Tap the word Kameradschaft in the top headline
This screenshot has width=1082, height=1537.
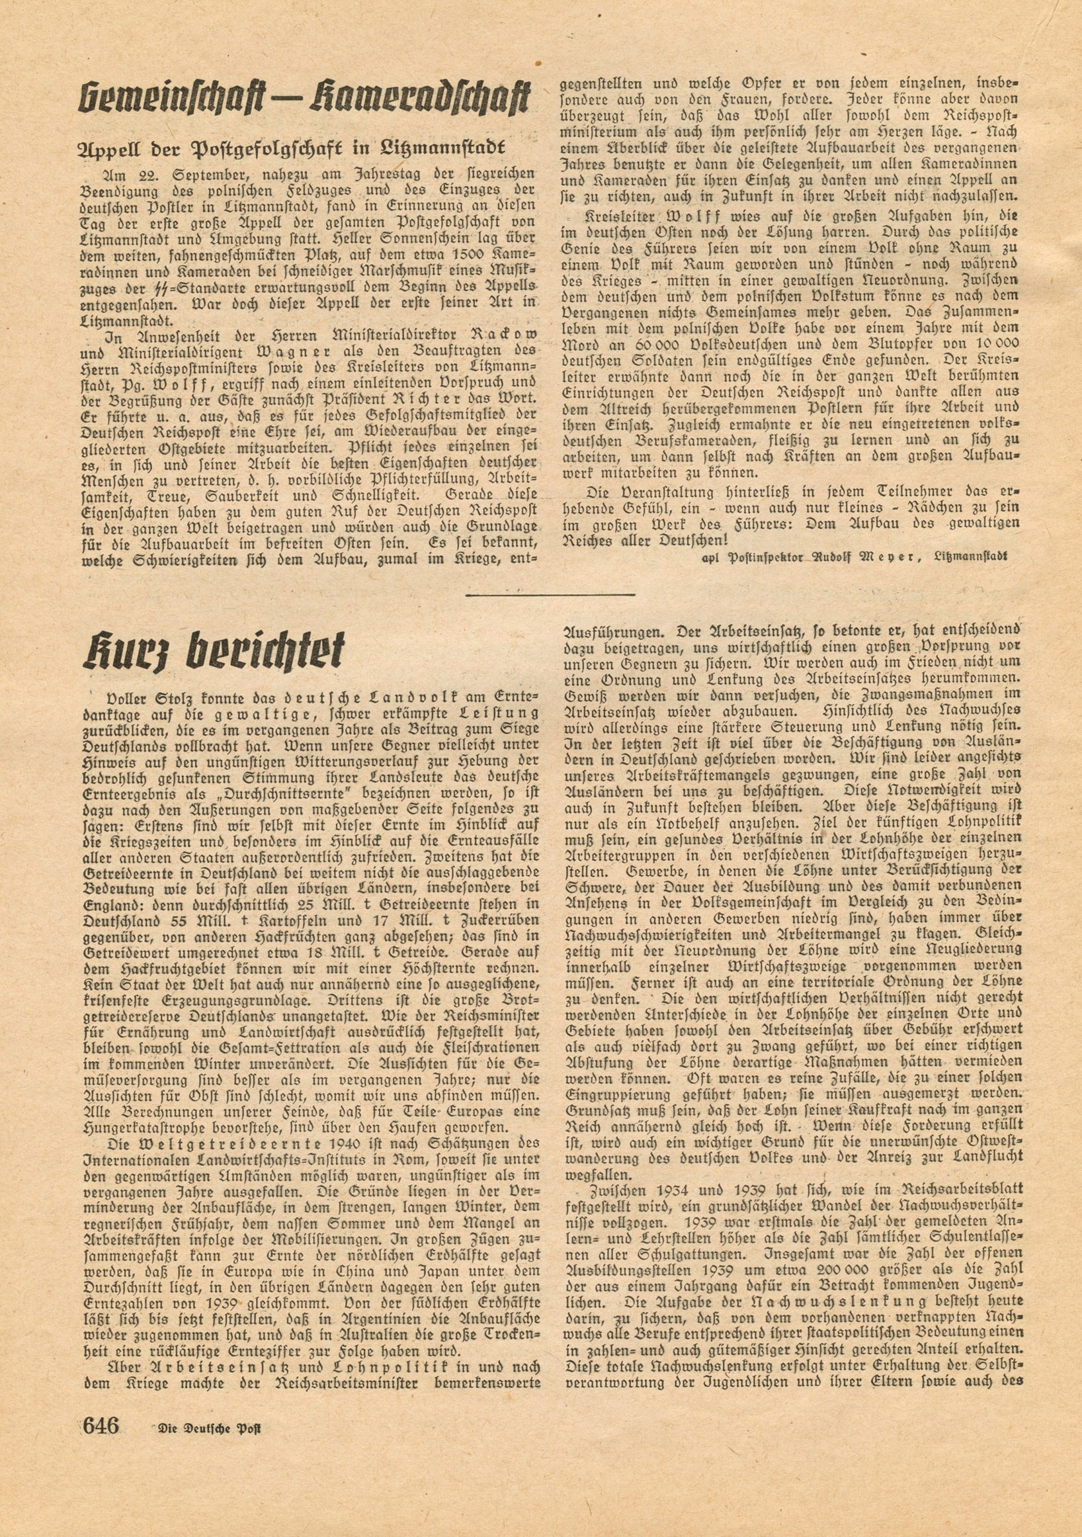point(415,99)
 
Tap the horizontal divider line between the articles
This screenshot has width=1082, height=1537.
point(550,593)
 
